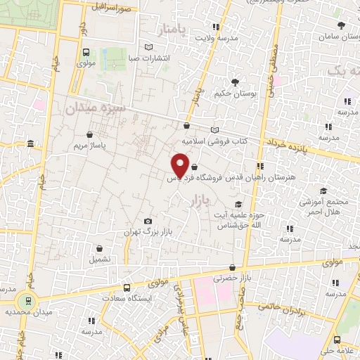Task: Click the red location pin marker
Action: click(180, 165)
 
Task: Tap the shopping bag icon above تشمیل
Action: click(100, 248)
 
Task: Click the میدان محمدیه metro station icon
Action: click(27, 300)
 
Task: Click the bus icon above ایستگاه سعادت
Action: click(127, 288)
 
